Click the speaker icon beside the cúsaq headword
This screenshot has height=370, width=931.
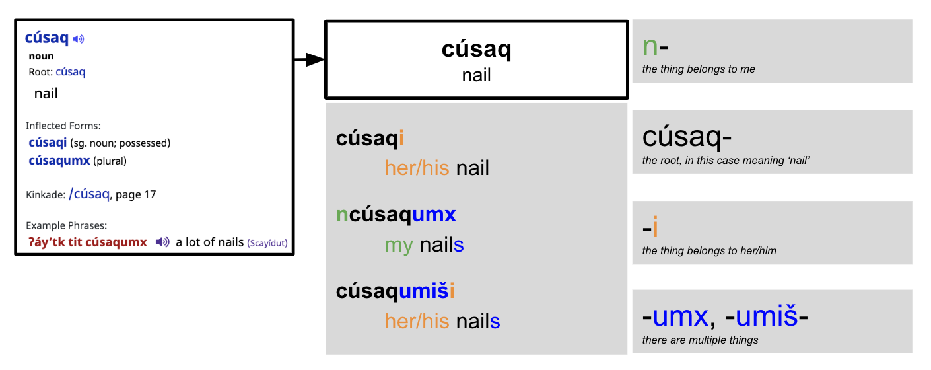coord(79,39)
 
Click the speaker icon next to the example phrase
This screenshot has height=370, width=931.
coord(162,242)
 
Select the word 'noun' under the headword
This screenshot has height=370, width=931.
coord(41,56)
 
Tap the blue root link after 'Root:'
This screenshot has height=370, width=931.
coord(70,72)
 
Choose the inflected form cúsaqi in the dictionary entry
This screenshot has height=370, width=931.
coord(48,143)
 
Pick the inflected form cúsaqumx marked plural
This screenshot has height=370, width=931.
coord(59,161)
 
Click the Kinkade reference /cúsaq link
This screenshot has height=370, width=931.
coord(88,194)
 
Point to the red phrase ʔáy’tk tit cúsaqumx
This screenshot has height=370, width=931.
coord(87,242)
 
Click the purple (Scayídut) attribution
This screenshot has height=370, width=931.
coord(267,243)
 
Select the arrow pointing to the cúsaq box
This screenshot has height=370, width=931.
coord(309,60)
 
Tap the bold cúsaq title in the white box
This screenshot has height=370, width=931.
coord(476,50)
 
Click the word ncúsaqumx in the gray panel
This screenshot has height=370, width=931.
coord(396,215)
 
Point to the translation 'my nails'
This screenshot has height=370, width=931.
coord(424,245)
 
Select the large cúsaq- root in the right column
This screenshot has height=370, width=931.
coord(687,137)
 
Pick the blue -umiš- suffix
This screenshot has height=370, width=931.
coord(766,318)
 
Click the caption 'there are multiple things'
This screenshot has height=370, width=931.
coord(700,340)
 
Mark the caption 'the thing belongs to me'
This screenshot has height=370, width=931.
coord(698,69)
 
